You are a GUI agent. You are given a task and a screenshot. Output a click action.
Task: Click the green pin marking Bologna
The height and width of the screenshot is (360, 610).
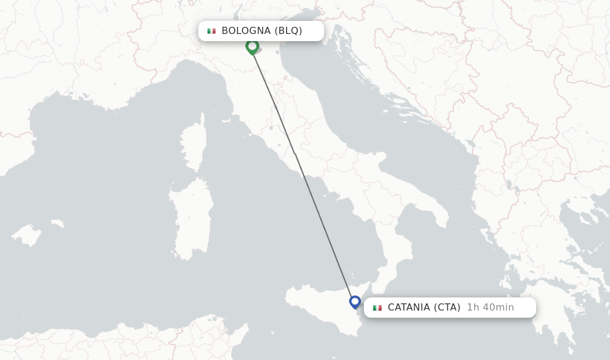pos(252,46)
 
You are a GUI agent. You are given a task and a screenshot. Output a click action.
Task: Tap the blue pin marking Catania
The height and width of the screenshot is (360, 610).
pos(355,302)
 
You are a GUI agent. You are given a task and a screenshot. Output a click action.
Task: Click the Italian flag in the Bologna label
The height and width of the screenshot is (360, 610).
pos(211,31)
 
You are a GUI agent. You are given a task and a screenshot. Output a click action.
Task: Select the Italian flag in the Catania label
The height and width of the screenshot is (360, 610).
pos(377,308)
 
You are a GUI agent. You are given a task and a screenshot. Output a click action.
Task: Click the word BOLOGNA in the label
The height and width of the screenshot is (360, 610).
pos(246,31)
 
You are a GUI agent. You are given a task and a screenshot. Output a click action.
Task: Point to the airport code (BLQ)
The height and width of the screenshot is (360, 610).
pos(288,31)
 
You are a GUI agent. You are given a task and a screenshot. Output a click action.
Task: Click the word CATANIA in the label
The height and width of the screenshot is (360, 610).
pos(409,308)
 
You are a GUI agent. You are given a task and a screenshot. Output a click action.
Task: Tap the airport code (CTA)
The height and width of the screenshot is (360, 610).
pos(447,308)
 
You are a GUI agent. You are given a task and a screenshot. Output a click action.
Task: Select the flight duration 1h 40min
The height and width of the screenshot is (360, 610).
pos(490,308)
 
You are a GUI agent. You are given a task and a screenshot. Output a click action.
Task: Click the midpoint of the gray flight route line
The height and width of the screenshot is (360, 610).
pos(303,173)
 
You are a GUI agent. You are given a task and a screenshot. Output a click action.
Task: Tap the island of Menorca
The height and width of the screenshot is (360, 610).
pos(57,224)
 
